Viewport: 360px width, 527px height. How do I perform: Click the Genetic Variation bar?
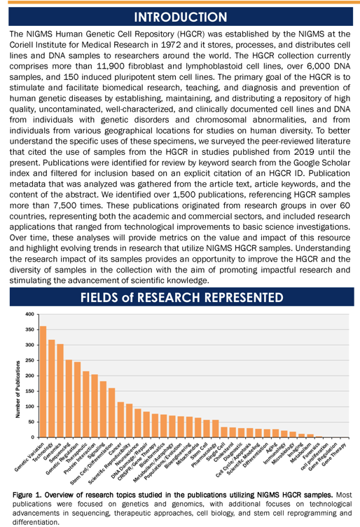pos(43,381)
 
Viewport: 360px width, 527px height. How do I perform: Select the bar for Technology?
pos(52,388)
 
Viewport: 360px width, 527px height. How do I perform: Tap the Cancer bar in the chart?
pos(120,420)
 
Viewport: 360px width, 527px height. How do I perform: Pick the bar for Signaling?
pos(103,409)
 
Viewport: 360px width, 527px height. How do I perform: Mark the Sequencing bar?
pos(69,399)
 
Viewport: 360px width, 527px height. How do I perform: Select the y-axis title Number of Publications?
pos(18,389)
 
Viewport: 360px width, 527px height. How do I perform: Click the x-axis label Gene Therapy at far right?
pos(334,454)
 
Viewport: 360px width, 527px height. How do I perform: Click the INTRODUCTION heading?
pos(181,17)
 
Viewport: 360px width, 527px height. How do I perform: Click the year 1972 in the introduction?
pos(172,45)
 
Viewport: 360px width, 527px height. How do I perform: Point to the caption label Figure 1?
pos(27,495)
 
